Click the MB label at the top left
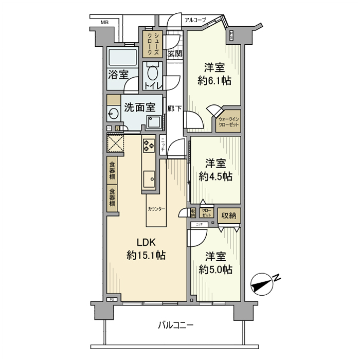(104, 22)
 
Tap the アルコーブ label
(195, 20)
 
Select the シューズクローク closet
(153, 44)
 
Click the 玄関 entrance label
(174, 53)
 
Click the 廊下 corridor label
(174, 109)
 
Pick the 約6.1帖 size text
(214, 80)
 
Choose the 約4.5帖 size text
(215, 176)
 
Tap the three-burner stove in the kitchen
(149, 145)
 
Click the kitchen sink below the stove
(149, 178)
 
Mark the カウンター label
(156, 209)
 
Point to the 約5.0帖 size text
(215, 269)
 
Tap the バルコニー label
(175, 325)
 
